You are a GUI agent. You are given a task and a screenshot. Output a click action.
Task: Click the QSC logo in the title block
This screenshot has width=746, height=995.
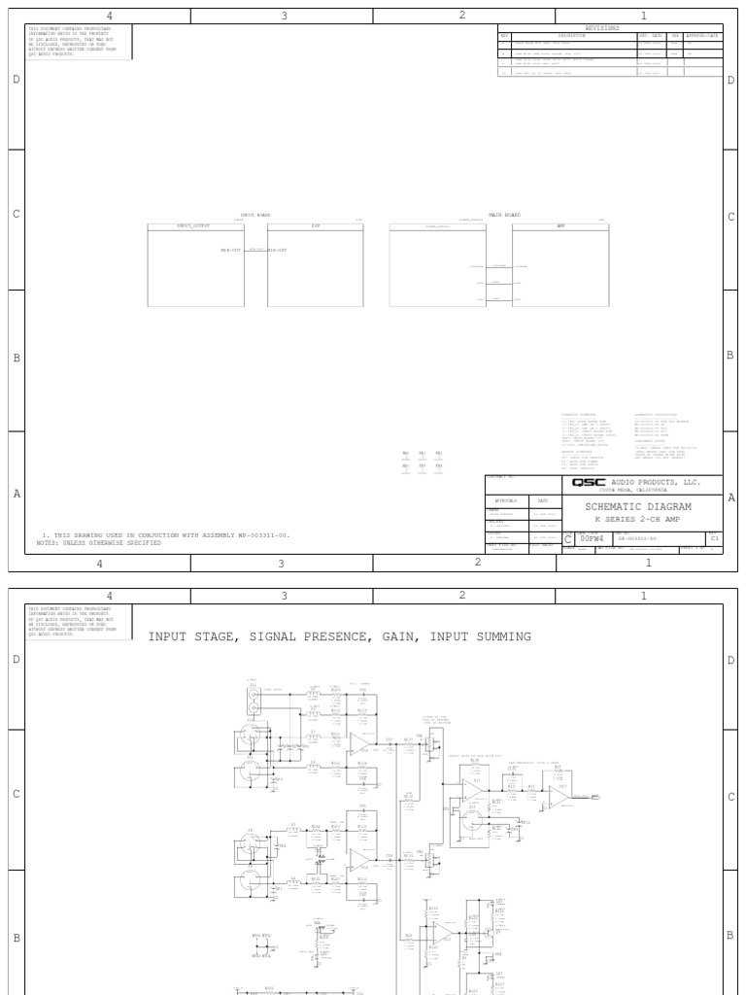pos(589,483)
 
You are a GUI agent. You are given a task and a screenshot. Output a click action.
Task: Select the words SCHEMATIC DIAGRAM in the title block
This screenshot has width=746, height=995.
pos(637,506)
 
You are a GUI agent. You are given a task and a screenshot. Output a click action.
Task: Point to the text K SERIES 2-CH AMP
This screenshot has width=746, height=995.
pos(637,519)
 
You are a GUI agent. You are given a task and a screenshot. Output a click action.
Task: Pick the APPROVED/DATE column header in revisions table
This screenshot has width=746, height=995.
pos(702,36)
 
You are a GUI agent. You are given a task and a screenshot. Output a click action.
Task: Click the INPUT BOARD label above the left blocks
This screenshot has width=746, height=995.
pos(255,215)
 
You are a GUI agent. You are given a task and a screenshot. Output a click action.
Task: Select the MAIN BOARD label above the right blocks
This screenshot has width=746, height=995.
pos(504,215)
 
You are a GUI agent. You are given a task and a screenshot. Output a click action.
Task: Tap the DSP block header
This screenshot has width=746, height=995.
pos(315,225)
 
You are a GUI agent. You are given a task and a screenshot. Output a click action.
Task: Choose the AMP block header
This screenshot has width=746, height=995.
pos(560,225)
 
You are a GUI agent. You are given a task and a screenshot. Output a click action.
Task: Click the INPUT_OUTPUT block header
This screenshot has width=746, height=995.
pos(193,225)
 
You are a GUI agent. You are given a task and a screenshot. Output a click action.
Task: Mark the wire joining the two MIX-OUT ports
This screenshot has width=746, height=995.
pos(254,250)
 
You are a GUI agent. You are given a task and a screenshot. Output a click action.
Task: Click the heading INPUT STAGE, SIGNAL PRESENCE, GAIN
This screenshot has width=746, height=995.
pos(339,636)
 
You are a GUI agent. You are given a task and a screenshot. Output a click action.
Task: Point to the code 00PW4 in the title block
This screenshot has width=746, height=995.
pos(592,537)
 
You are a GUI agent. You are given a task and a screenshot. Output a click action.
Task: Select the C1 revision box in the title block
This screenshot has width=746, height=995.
pos(715,536)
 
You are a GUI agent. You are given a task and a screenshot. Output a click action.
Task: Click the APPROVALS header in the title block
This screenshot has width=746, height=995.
pos(507,500)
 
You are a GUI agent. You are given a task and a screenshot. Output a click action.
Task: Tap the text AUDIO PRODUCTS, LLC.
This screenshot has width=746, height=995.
pos(656,482)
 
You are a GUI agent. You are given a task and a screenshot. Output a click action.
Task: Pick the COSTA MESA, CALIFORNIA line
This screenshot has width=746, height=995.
pos(637,491)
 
